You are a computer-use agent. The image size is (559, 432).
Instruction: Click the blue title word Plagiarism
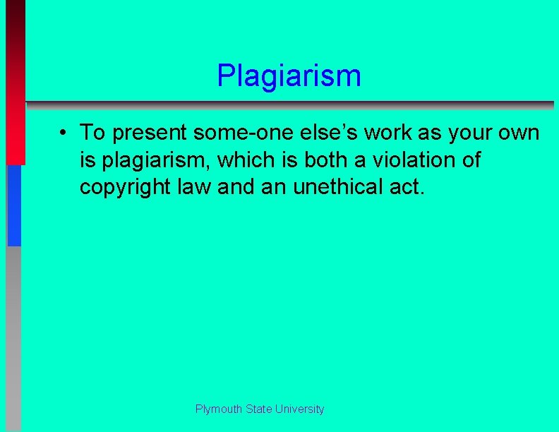pos(289,76)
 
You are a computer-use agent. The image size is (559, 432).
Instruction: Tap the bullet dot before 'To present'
pos(63,132)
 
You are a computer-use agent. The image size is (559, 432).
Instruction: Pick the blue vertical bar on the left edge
pos(14,205)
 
